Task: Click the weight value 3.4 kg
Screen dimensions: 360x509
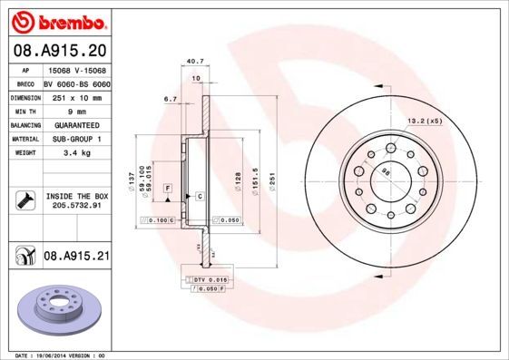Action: click(76, 153)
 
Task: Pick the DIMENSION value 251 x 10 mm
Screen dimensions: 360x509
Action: click(76, 95)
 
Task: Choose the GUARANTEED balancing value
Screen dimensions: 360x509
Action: click(76, 124)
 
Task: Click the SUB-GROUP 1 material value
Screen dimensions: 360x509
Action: click(76, 139)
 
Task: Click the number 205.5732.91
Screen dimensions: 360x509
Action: click(76, 207)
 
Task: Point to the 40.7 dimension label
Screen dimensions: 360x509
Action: click(193, 62)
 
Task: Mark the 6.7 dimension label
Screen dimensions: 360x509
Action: click(170, 98)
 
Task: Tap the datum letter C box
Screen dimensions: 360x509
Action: click(198, 196)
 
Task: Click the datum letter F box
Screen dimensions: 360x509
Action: click(167, 187)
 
